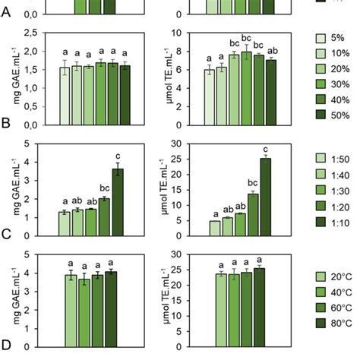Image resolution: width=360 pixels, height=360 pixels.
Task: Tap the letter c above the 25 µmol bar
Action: coord(265,149)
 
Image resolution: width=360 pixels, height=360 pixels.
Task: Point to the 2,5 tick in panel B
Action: coord(31,33)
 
